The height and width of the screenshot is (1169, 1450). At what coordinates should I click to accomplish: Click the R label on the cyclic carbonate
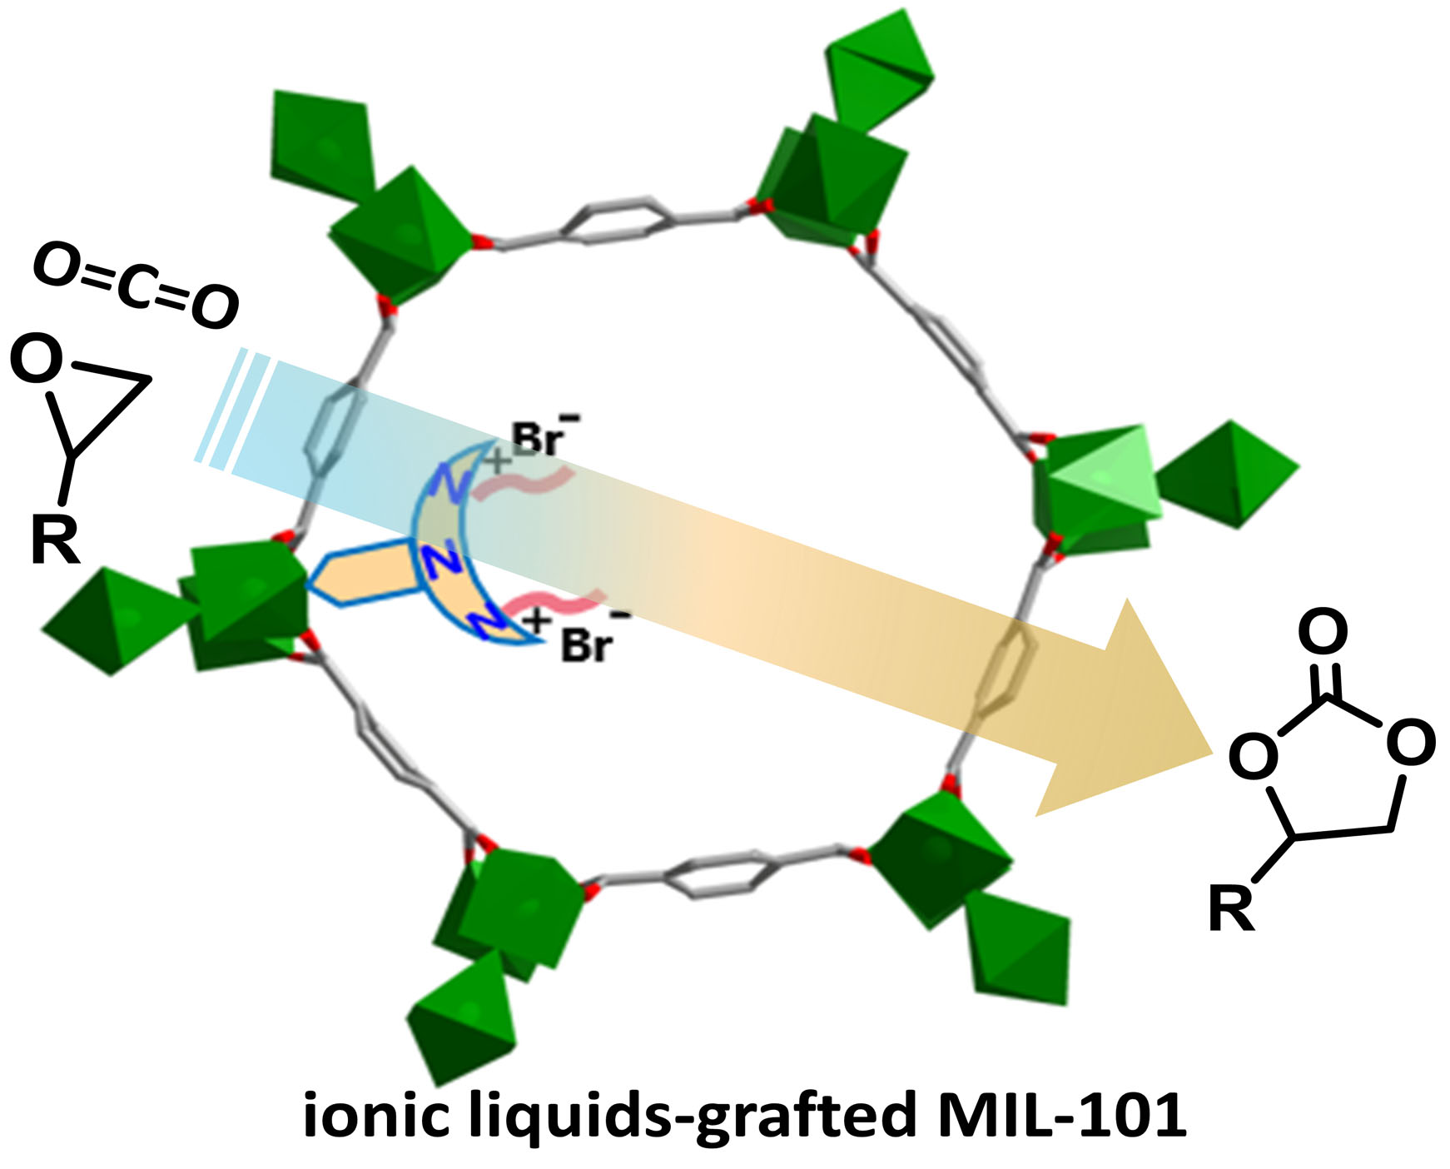click(x=1231, y=909)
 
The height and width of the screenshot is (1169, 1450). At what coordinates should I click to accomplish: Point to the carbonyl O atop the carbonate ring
click(x=1323, y=631)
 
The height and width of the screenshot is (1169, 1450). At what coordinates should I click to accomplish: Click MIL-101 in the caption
click(x=1060, y=1116)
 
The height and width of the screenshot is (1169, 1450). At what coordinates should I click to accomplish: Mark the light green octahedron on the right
click(x=1099, y=476)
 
